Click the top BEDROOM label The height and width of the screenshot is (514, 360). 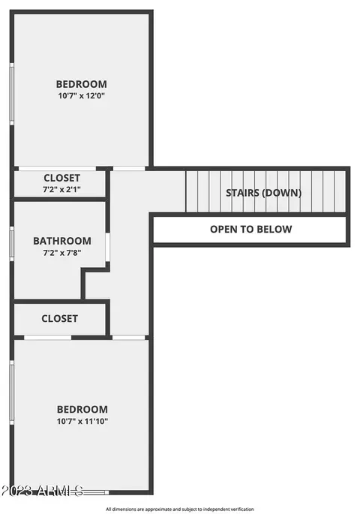point(81,84)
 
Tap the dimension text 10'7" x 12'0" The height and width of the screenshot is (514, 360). point(81,96)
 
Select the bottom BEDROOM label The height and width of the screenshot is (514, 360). point(82,410)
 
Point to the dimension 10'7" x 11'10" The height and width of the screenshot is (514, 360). point(82,421)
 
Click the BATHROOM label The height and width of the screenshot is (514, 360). point(62,241)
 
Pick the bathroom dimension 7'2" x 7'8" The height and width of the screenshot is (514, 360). point(62,253)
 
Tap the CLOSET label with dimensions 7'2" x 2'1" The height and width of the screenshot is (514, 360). point(62,178)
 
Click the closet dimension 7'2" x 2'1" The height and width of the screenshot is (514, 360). point(62,190)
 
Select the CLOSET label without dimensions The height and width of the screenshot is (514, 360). point(59,319)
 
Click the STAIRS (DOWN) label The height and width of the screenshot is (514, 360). point(264,193)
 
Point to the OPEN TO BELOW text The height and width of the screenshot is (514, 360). point(251,229)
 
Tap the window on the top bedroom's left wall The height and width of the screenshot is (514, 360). point(12,94)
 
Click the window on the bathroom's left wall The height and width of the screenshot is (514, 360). point(12,244)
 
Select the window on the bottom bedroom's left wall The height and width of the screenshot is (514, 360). point(12,392)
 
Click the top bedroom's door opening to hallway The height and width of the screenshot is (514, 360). point(129,169)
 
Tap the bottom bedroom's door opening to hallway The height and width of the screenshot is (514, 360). point(129,338)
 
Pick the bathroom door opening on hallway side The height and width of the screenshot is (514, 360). point(107,247)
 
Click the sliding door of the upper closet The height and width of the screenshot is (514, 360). point(57,169)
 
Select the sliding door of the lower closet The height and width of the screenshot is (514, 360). point(48,338)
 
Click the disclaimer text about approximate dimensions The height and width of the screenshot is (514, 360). point(180,509)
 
